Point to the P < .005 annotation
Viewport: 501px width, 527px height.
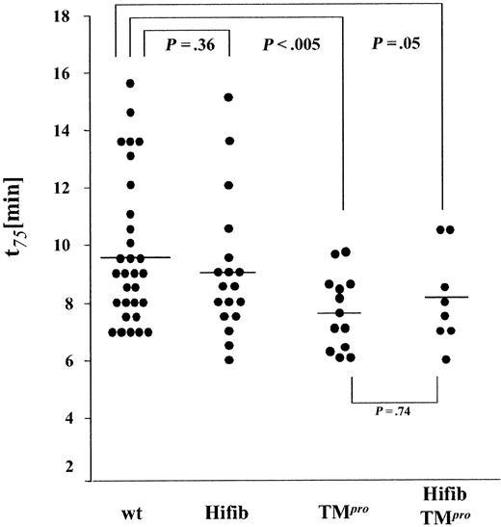pyautogui.click(x=290, y=44)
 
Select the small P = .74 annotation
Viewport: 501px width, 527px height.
pyautogui.click(x=396, y=410)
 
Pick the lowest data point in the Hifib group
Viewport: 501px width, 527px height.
pyautogui.click(x=228, y=359)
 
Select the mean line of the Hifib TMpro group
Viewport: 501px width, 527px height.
pyautogui.click(x=442, y=298)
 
